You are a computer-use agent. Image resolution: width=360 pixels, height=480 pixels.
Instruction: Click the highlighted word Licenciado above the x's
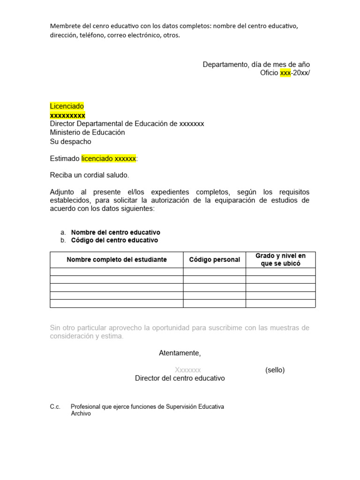(67, 106)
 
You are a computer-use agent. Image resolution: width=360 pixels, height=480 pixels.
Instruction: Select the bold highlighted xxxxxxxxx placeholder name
(67, 115)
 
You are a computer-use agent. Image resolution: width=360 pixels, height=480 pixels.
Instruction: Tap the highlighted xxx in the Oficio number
(285, 73)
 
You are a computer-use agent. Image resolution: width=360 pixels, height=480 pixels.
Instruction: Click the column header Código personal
(214, 260)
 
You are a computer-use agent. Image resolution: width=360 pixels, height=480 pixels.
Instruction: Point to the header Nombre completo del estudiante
(117, 260)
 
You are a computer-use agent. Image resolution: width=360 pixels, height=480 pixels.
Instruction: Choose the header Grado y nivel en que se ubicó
(280, 260)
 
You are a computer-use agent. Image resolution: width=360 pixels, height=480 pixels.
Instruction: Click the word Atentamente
(180, 353)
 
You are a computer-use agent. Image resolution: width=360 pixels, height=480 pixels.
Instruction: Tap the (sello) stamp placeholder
(275, 370)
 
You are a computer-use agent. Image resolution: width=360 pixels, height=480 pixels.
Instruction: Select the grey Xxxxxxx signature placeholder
(187, 370)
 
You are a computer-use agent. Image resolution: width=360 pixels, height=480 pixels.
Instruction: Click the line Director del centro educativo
(180, 378)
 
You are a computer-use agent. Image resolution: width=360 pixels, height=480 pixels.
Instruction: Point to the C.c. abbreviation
(55, 407)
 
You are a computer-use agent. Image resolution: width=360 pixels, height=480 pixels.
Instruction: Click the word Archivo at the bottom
(81, 414)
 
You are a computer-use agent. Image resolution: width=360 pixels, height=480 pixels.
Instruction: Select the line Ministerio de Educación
(88, 133)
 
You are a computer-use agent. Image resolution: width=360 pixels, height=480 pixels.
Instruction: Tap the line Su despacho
(71, 142)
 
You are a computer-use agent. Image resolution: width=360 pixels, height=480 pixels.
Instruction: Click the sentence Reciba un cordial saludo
(90, 175)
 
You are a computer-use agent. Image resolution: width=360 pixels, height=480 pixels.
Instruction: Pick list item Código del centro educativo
(114, 240)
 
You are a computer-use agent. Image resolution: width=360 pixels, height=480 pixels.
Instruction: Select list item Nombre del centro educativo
(115, 232)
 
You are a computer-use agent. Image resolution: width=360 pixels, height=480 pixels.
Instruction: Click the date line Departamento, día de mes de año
(256, 64)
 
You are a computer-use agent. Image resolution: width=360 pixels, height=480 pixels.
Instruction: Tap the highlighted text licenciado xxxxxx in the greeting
(109, 158)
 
